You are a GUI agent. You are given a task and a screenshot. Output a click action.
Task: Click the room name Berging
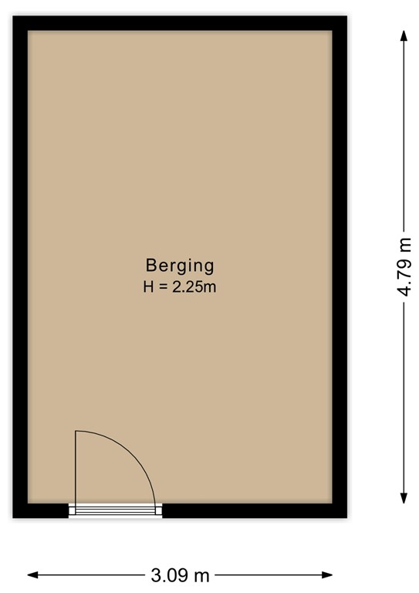[179, 266]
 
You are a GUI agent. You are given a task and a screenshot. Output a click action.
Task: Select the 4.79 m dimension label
[404, 266]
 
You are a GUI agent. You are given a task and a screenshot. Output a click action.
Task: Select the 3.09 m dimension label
[180, 575]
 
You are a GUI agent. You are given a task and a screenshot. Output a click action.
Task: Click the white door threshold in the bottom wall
[116, 510]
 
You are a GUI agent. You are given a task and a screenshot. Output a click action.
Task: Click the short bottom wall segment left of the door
[40, 510]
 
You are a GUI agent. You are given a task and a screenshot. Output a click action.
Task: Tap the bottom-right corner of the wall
[340, 510]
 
